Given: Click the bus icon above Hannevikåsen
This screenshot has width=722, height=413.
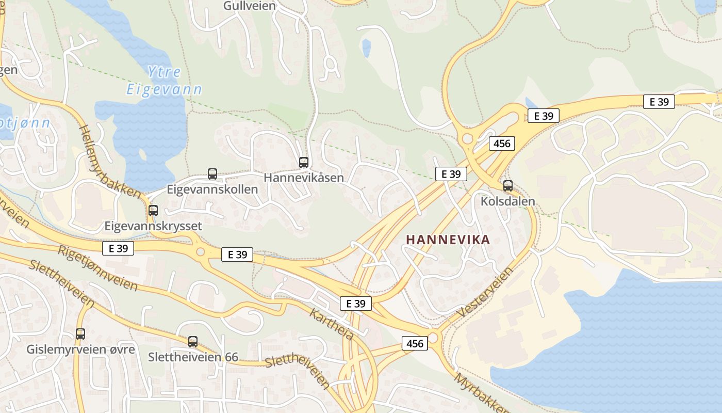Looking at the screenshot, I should (x=304, y=163).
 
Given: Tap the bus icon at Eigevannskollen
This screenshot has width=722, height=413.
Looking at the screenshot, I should (x=212, y=174).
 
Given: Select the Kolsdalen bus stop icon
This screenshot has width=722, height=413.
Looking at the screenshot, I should (x=508, y=186).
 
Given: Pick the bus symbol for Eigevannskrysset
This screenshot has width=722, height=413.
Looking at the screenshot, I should (x=153, y=211).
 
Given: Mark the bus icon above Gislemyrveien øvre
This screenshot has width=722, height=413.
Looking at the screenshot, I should (x=80, y=334).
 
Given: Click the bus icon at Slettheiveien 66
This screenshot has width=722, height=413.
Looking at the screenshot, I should (x=193, y=341).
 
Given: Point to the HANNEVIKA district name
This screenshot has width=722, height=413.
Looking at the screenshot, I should (x=448, y=240).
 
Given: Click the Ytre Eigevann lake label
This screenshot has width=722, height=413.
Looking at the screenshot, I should (x=165, y=81).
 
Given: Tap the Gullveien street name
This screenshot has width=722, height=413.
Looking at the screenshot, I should (x=250, y=6).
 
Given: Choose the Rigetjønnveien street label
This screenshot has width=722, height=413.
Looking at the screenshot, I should (x=98, y=268).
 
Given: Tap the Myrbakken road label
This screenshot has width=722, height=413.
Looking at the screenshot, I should (x=480, y=392).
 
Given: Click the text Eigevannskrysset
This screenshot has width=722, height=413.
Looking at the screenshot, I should (x=153, y=226).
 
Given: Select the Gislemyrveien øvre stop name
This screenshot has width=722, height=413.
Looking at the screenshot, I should (x=80, y=350).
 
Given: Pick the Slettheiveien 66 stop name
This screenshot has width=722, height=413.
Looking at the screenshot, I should (x=193, y=357).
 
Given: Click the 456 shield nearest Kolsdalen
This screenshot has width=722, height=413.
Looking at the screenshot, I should (x=502, y=144).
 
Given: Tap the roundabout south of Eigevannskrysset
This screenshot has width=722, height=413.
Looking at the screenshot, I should (x=201, y=252).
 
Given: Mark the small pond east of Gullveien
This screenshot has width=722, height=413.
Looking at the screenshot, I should (x=366, y=47).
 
